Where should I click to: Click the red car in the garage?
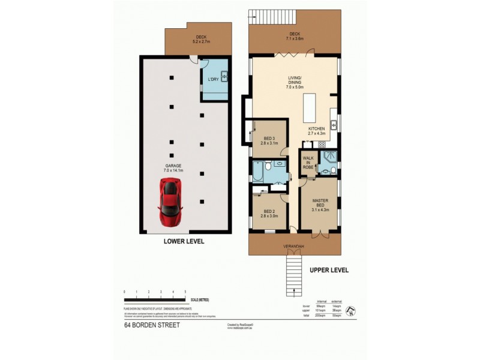[170, 201]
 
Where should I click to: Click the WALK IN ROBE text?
[308, 163]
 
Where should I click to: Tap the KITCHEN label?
[316, 128]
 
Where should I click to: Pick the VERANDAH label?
[294, 247]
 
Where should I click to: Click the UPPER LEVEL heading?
[328, 270]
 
